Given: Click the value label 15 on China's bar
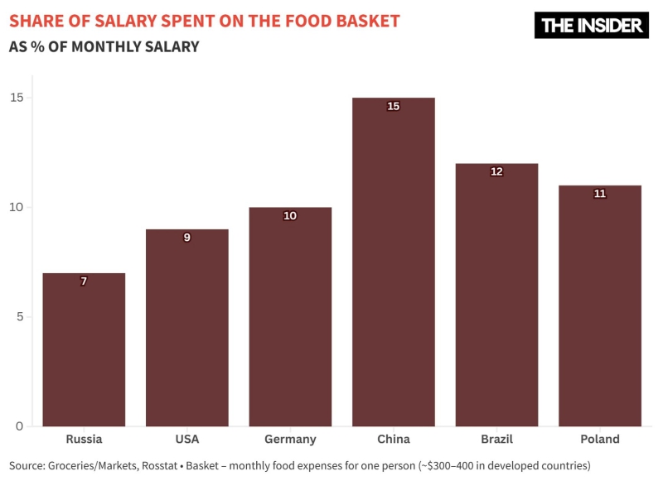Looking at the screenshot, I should (393, 106).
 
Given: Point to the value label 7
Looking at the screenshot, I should (84, 281).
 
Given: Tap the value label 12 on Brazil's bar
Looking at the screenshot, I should (496, 171).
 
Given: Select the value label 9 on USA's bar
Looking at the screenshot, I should (186, 238).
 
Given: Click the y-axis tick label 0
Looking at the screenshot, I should (19, 426).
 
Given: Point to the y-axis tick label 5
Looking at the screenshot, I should (19, 317).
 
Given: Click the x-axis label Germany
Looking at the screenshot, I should (290, 440).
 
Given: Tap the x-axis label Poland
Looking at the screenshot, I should (600, 440).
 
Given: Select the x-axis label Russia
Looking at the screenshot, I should (84, 440).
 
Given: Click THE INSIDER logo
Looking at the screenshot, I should (591, 25).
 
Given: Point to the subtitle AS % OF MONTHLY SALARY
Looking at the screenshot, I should (104, 47).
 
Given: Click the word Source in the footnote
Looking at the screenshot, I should (28, 465).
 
